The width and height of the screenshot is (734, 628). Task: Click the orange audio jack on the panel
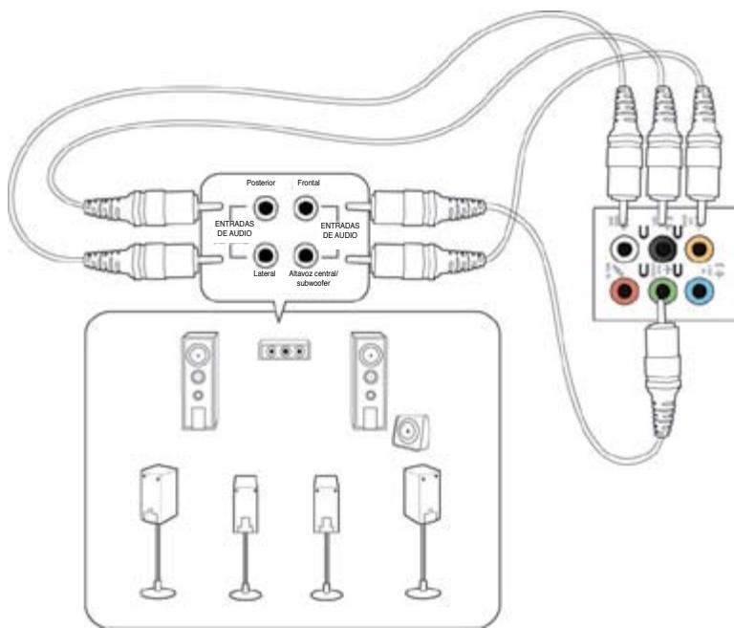pos(702,250)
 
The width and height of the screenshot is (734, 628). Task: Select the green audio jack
pos(660,288)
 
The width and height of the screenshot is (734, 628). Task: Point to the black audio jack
pos(660,250)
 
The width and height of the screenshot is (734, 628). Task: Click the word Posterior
pos(262,182)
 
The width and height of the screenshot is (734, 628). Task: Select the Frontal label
pos(308,182)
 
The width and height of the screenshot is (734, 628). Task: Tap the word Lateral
pos(265,273)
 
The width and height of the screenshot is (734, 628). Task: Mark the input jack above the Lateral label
pos(266,255)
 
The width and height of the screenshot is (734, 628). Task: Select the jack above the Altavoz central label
pos(305,255)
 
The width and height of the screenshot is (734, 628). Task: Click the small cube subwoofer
pos(412,434)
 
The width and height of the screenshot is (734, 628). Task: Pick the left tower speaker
pos(198,379)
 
